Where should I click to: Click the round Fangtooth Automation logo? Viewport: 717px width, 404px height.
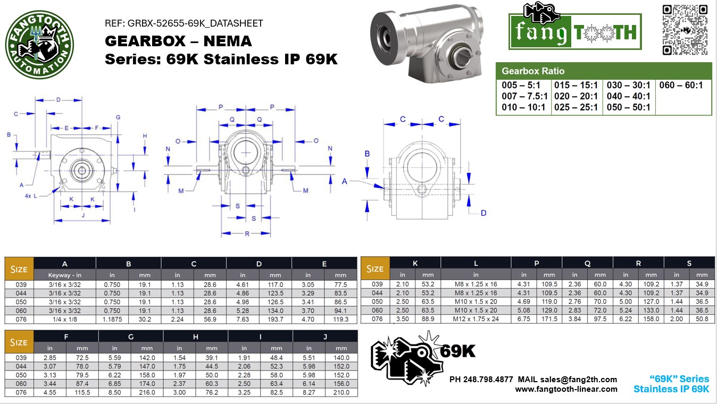39,45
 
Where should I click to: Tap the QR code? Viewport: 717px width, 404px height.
685,30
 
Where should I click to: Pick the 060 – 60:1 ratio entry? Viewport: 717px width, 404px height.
681,86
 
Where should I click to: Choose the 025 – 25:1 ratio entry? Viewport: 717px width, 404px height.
576,107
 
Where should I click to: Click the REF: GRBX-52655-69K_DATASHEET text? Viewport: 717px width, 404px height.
184,23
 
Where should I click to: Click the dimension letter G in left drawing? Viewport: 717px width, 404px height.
118,117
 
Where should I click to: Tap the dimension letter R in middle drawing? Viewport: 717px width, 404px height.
247,234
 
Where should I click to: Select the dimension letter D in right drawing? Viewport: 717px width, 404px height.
483,213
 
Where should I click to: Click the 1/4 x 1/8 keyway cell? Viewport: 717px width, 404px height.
64,319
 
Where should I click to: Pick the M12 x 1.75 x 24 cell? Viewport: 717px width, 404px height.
476,319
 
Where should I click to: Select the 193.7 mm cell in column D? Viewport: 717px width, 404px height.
275,319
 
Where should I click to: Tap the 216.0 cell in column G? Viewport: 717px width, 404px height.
147,392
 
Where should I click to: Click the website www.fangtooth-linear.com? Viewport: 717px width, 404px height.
566,389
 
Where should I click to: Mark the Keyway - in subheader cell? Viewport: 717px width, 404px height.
64,275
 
